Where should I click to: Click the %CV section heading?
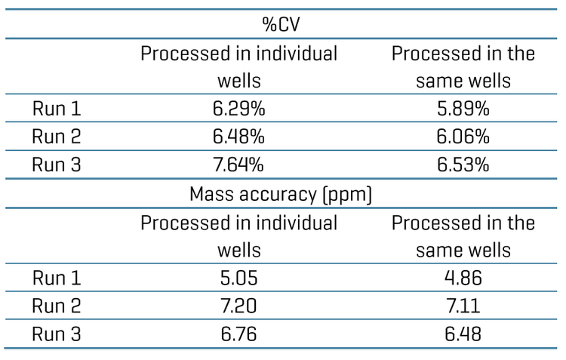tap(281, 24)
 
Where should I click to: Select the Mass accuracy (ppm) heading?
tap(281, 194)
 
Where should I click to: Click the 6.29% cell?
tap(238, 109)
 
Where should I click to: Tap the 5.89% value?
tap(463, 109)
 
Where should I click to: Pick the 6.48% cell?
tap(238, 137)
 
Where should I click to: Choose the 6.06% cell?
tap(463, 137)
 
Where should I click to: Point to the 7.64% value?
tap(238, 165)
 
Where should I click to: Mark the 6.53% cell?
tap(463, 165)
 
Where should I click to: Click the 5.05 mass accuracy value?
tap(238, 278)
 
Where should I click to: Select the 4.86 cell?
tap(463, 278)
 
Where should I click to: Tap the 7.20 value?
tap(238, 306)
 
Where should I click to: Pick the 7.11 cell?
tap(463, 306)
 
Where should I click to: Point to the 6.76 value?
tap(238, 334)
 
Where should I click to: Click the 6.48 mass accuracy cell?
tap(463, 334)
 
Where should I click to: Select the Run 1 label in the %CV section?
tap(57, 109)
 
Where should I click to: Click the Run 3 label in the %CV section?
tap(57, 165)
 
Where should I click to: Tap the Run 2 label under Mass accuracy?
tap(57, 306)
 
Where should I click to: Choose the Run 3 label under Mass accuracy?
tap(57, 334)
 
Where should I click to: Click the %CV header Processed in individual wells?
tap(238, 66)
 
